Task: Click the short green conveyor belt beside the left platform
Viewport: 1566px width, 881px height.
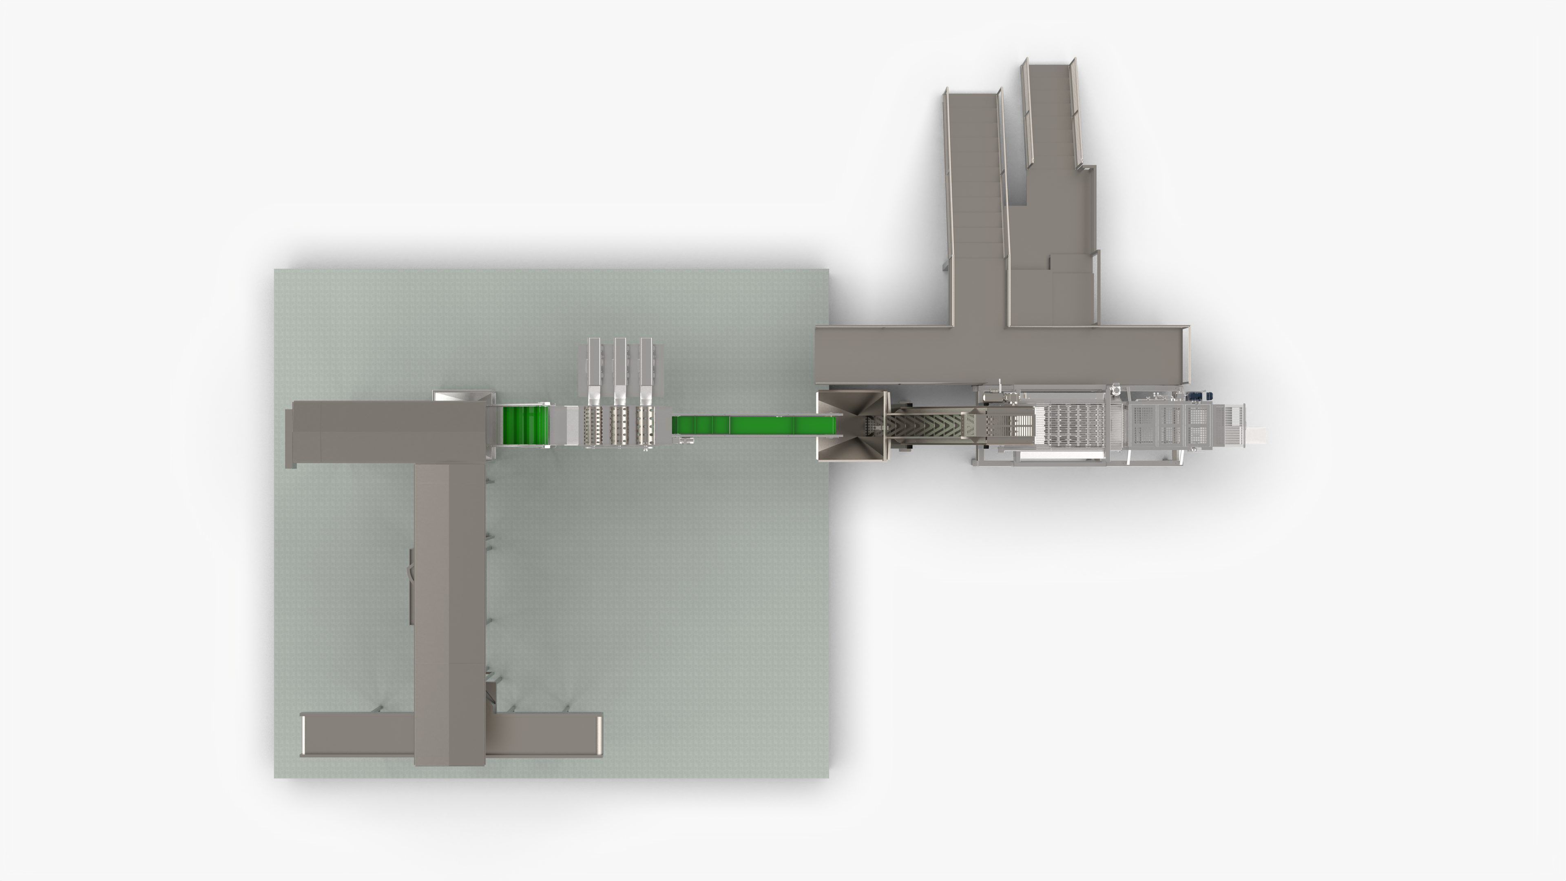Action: (525, 425)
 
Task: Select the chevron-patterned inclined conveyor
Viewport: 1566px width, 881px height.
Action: (924, 429)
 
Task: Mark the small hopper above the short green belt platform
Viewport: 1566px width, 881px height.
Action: (462, 396)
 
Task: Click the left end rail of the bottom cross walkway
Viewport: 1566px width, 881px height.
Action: (303, 735)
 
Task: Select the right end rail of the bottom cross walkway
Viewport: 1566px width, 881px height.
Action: (599, 735)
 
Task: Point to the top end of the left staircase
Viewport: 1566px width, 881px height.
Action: (971, 97)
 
